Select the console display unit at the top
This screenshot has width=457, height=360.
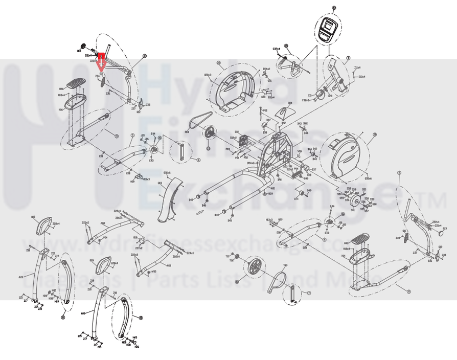click(327, 29)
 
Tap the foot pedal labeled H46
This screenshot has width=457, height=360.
click(79, 82)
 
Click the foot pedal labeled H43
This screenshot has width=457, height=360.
click(360, 237)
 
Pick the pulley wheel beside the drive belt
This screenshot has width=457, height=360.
click(210, 134)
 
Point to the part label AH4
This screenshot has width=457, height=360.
click(103, 223)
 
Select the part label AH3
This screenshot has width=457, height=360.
click(168, 265)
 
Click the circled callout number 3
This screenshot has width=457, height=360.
click(145, 56)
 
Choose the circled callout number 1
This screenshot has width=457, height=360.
click(348, 58)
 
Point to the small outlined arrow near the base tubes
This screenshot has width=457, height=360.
click(204, 205)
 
